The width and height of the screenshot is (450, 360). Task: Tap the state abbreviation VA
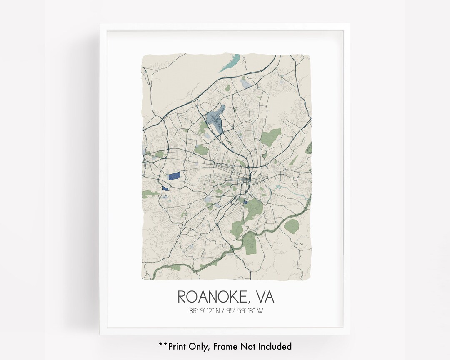pyautogui.click(x=263, y=297)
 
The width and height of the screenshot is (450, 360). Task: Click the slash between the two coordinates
pyautogui.click(x=223, y=310)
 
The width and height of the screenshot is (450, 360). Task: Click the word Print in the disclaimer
pyautogui.click(x=176, y=346)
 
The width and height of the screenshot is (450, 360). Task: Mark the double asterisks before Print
pyautogui.click(x=162, y=345)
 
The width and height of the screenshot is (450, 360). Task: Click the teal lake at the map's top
pyautogui.click(x=227, y=62)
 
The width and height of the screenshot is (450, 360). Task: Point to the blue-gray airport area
pyautogui.click(x=214, y=118)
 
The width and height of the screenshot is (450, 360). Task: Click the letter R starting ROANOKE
pyautogui.click(x=182, y=297)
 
